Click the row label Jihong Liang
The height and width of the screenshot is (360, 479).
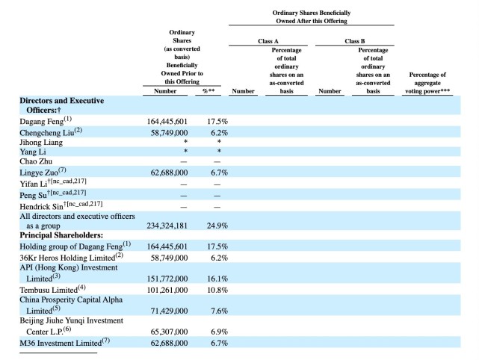pyautogui.click(x=41, y=143)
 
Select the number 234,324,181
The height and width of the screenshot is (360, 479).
pyautogui.click(x=167, y=226)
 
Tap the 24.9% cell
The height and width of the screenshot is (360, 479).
pyautogui.click(x=217, y=226)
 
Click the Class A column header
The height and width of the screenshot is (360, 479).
pyautogui.click(x=268, y=41)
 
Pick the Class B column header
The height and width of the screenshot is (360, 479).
pyautogui.click(x=355, y=41)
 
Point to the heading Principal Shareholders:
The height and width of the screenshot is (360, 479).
pyautogui.click(x=61, y=235)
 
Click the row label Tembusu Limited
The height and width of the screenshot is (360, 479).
pyautogui.click(x=49, y=290)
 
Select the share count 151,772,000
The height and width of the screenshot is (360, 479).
pyautogui.click(x=167, y=279)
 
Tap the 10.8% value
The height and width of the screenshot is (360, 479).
pyautogui.click(x=217, y=290)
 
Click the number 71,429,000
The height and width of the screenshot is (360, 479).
pyautogui.click(x=169, y=311)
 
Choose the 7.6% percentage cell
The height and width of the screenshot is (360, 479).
pyautogui.click(x=220, y=311)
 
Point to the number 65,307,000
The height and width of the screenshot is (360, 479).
pyautogui.click(x=169, y=332)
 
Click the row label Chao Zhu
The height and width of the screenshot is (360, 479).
pyautogui.click(x=36, y=161)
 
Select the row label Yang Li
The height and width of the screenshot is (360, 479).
pyautogui.click(x=33, y=152)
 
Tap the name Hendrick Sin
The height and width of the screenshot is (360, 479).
pyautogui.click(x=42, y=207)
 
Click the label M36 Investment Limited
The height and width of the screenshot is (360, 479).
pyautogui.click(x=61, y=344)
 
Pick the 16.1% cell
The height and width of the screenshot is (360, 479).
pyautogui.click(x=217, y=279)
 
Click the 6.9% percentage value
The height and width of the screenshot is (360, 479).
pyautogui.click(x=220, y=332)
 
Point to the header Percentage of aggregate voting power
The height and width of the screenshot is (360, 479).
pyautogui.click(x=427, y=83)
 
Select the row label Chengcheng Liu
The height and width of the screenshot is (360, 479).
pyautogui.click(x=47, y=133)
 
